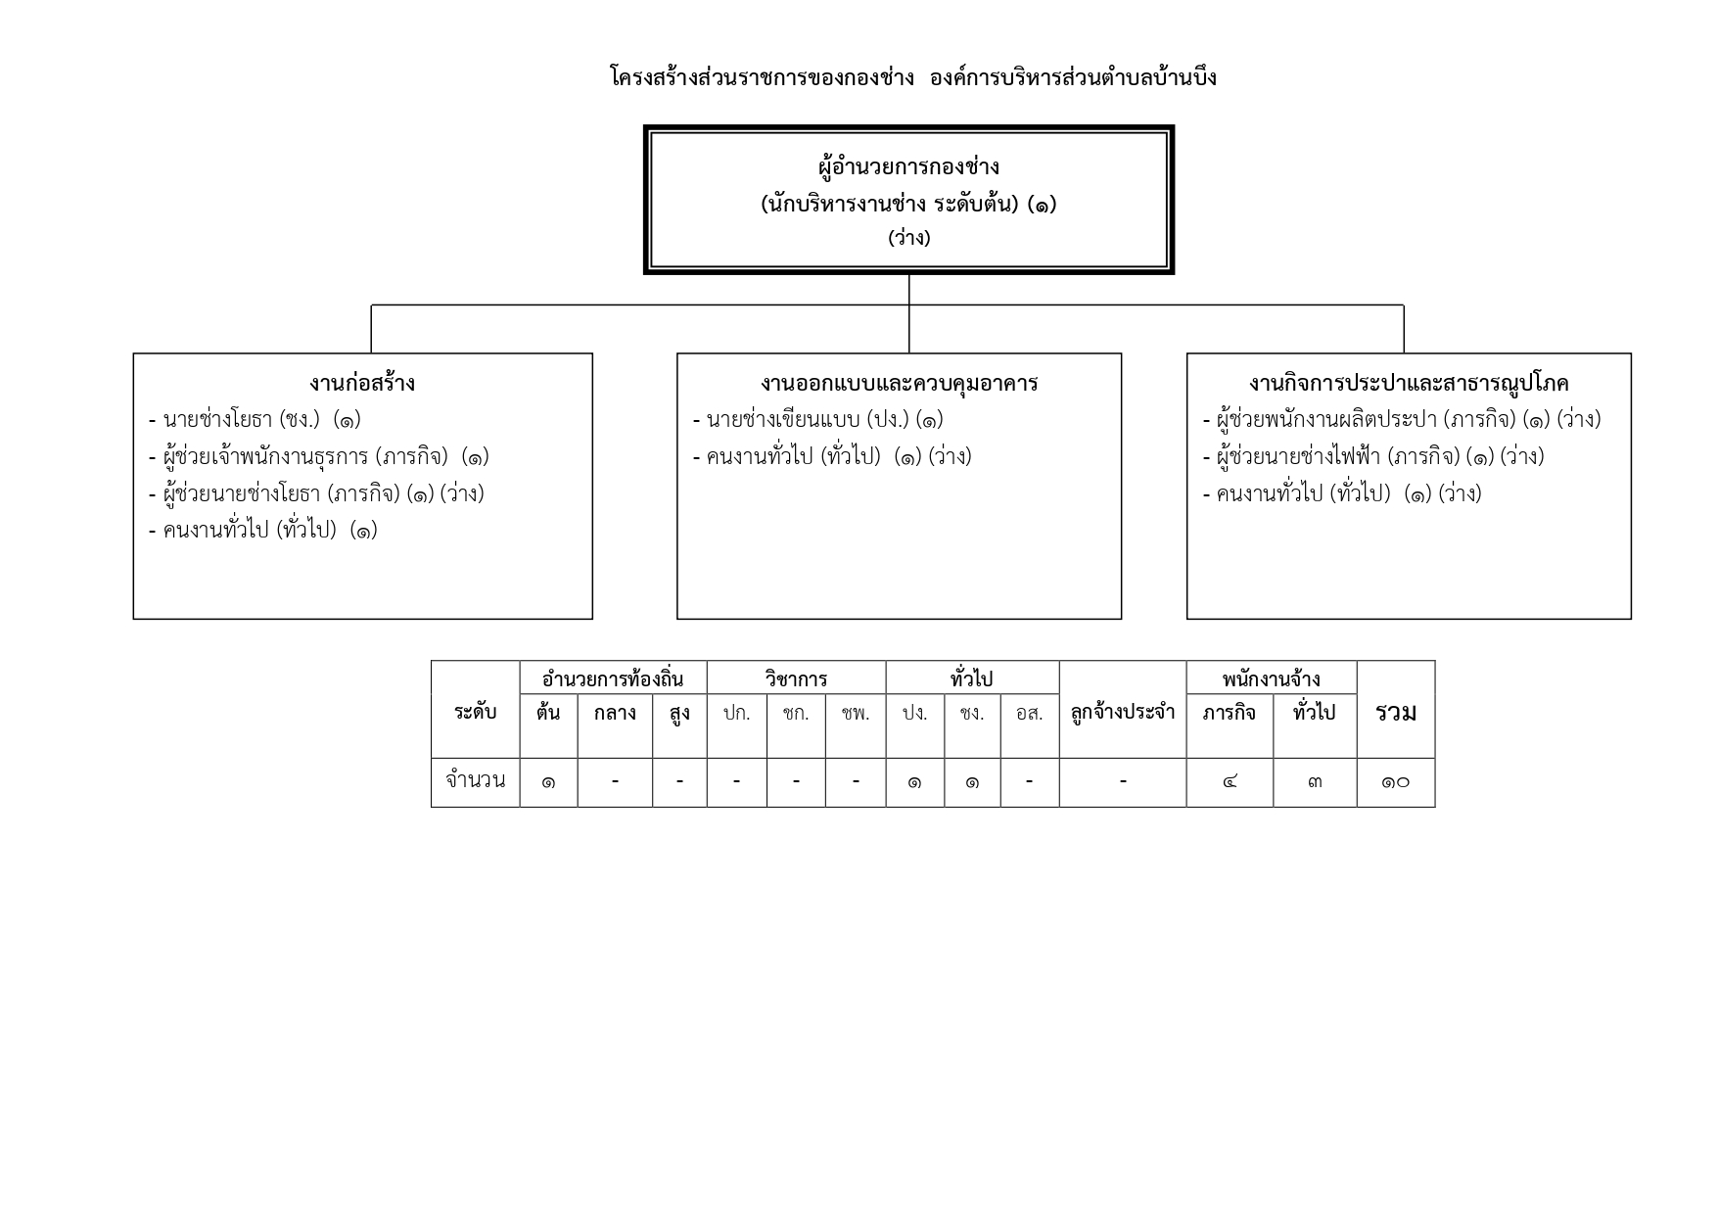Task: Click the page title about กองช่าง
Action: click(x=912, y=77)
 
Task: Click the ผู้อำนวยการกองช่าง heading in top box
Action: click(x=908, y=167)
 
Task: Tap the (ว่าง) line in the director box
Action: click(x=909, y=238)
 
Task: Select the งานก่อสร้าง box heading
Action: click(x=362, y=383)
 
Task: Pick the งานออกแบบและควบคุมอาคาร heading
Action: click(x=899, y=383)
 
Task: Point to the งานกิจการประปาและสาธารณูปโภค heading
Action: click(x=1409, y=383)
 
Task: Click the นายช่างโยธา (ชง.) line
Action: click(x=255, y=420)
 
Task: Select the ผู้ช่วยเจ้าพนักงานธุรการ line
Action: click(x=318, y=457)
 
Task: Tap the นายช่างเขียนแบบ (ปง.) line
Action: click(x=817, y=420)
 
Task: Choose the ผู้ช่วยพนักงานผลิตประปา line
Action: click(x=1402, y=420)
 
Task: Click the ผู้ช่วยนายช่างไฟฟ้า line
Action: click(x=1373, y=457)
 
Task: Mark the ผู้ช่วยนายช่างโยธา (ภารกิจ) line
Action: click(x=316, y=493)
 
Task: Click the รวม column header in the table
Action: click(x=1396, y=713)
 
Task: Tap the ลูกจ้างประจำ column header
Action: click(x=1123, y=713)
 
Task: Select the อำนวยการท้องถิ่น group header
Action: click(x=613, y=678)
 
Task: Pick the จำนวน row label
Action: click(x=476, y=781)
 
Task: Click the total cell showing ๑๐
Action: click(x=1396, y=782)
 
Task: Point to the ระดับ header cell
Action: click(x=476, y=712)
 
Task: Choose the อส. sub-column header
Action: click(x=1030, y=713)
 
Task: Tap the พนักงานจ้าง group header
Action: click(x=1272, y=678)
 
